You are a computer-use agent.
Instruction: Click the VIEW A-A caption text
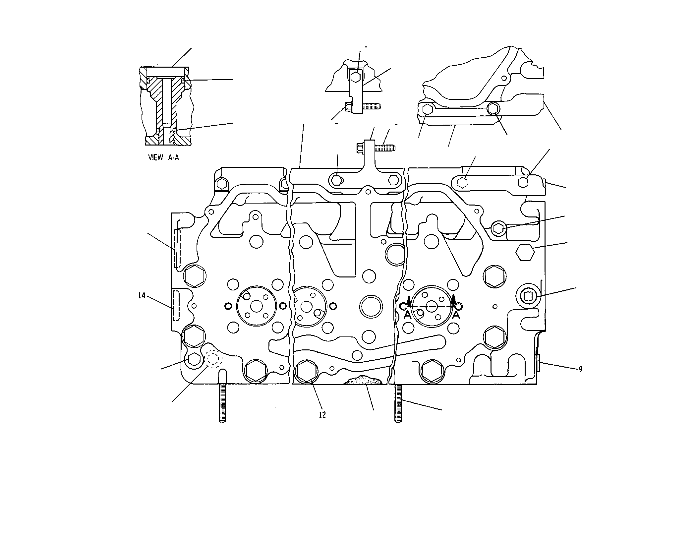point(163,157)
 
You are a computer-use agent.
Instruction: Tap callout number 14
point(142,295)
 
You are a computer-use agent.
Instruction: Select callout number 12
point(322,414)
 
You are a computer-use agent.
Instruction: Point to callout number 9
point(580,369)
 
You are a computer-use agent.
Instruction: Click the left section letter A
point(408,315)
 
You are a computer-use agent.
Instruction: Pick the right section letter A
point(456,315)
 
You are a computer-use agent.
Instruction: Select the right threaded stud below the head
point(398,402)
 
